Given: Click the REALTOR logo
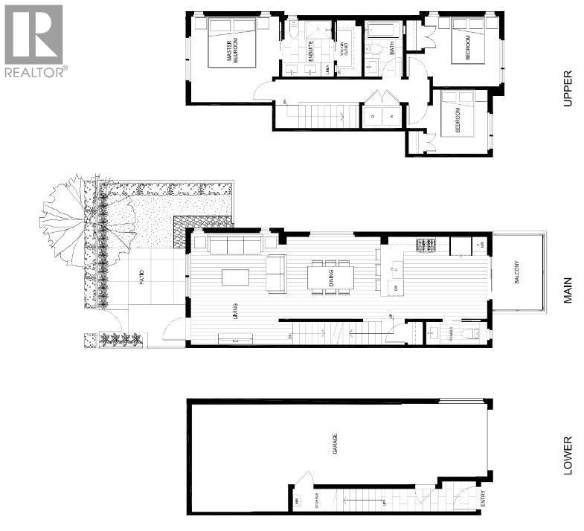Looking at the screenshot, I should pos(34,40).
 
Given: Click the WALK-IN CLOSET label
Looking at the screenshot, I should pos(344,51).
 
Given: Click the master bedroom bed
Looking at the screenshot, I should pos(234,45).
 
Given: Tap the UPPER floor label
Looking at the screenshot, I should pos(568,88).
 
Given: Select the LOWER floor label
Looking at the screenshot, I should pos(568,455).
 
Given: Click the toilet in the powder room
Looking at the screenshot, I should pos(469,333).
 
